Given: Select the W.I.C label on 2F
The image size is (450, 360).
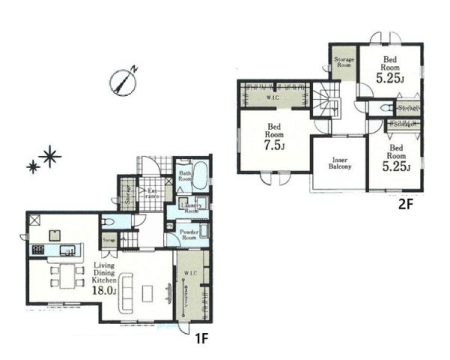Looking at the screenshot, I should pyautogui.click(x=271, y=98).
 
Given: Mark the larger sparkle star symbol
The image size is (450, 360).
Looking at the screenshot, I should pyautogui.click(x=50, y=154).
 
